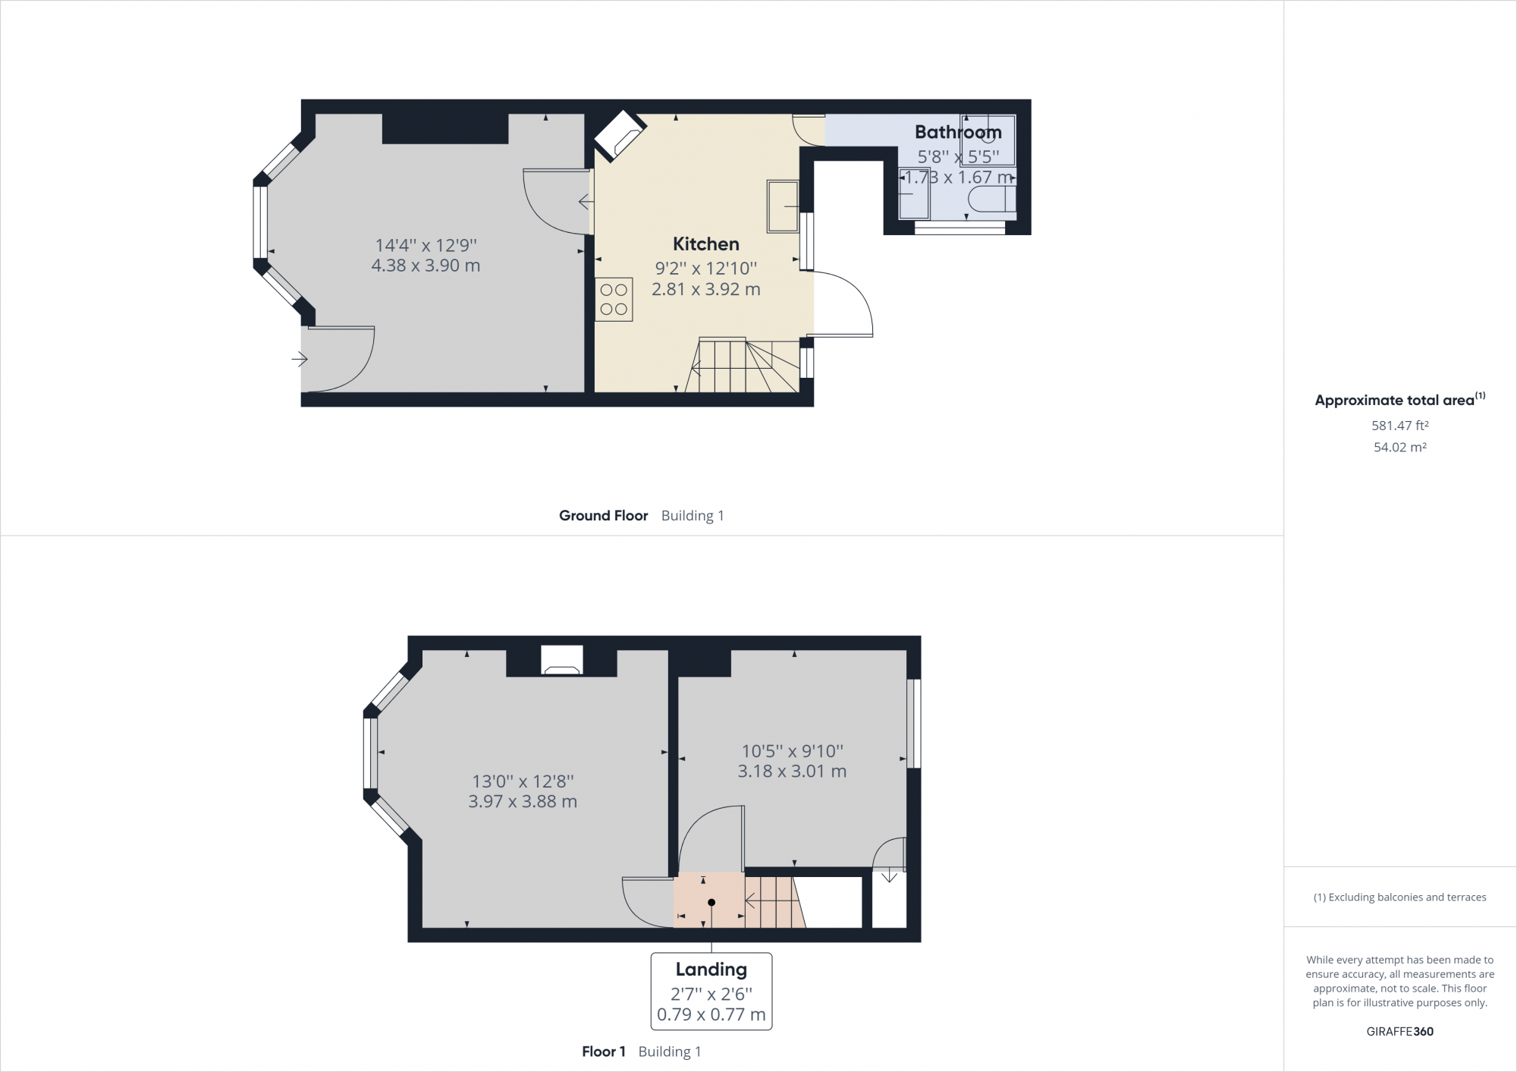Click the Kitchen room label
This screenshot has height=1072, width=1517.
pyautogui.click(x=705, y=244)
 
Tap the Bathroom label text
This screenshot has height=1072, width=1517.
pyautogui.click(x=957, y=132)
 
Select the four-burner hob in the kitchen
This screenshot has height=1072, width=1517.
pyautogui.click(x=614, y=300)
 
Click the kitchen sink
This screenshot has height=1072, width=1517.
pyautogui.click(x=782, y=206)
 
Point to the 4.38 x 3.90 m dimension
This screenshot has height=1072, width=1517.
pyautogui.click(x=426, y=266)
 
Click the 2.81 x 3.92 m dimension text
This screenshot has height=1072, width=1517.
pyautogui.click(x=705, y=289)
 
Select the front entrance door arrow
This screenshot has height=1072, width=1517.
pyautogui.click(x=300, y=359)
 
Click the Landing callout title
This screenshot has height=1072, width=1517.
pyautogui.click(x=711, y=969)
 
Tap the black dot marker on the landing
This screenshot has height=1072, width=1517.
pyautogui.click(x=711, y=902)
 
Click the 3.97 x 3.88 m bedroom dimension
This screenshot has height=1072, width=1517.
pyautogui.click(x=523, y=801)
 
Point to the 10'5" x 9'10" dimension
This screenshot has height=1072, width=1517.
pyautogui.click(x=792, y=751)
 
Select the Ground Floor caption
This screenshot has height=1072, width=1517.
pyautogui.click(x=603, y=516)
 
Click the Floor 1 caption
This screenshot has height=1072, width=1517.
pyautogui.click(x=603, y=1052)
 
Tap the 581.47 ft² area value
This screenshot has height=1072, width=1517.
pyautogui.click(x=1399, y=426)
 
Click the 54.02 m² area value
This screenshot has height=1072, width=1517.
pyautogui.click(x=1399, y=448)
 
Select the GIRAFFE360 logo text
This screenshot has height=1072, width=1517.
pyautogui.click(x=1399, y=1031)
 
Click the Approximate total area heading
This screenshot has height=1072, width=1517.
pyautogui.click(x=1394, y=401)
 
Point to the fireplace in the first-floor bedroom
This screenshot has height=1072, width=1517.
pyautogui.click(x=561, y=660)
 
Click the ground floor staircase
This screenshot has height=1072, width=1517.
pyautogui.click(x=743, y=366)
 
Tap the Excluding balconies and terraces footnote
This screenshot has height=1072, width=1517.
pyautogui.click(x=1399, y=897)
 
